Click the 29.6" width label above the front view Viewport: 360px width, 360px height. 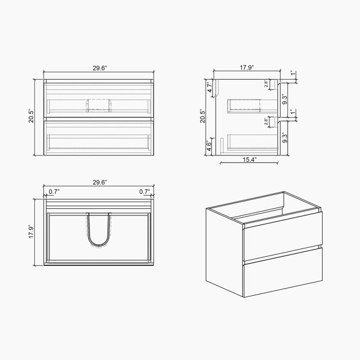[x=100, y=68]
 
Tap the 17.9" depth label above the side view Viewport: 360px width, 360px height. [x=247, y=67]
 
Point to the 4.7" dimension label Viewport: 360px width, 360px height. [x=209, y=87]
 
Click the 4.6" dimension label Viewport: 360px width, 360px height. [x=209, y=146]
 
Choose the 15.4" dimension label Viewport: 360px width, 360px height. [x=250, y=160]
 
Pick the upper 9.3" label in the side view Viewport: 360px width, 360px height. [x=284, y=99]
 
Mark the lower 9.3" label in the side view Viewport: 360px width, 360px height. [x=284, y=137]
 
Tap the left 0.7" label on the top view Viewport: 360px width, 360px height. [x=54, y=191]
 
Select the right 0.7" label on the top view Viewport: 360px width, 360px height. [x=145, y=191]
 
